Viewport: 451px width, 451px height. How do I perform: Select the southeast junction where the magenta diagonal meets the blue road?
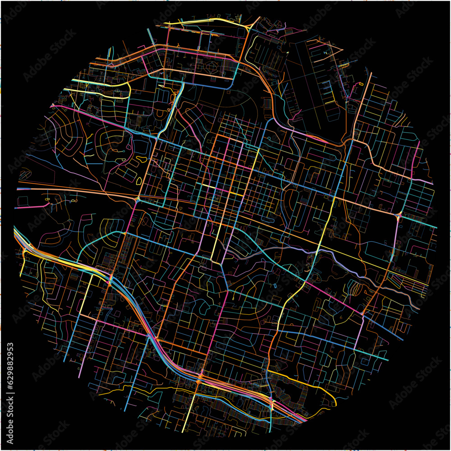364,313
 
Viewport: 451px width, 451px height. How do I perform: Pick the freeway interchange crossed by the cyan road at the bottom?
271,403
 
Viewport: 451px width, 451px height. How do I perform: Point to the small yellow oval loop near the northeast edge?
361,84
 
